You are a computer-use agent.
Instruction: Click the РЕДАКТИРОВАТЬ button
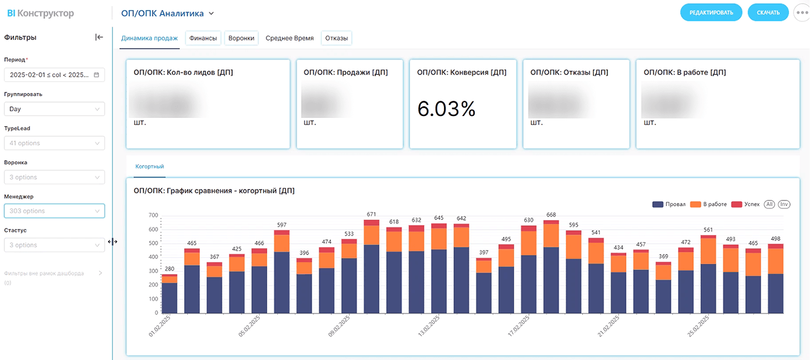(711, 13)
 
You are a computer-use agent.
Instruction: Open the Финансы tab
(203, 38)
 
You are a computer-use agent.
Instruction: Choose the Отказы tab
(336, 38)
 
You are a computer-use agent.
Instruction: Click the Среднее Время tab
(290, 38)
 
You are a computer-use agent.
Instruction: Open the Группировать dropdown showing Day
(54, 109)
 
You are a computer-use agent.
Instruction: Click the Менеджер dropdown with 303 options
(54, 211)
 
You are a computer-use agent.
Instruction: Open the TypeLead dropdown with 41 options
(54, 143)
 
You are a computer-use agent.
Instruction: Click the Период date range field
(54, 75)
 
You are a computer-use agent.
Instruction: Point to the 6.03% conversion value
(446, 109)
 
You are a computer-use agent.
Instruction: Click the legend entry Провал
(669, 204)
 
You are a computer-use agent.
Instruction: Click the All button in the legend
(770, 204)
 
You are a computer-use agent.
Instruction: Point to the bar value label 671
(371, 214)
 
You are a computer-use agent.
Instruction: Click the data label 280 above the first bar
(169, 269)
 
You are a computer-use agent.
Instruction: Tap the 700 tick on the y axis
(153, 215)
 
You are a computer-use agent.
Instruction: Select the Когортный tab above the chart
(150, 166)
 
